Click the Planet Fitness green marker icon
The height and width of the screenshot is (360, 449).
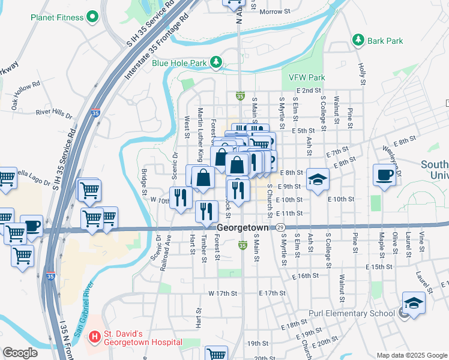tap(92, 17)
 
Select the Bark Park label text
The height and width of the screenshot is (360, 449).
tap(385, 40)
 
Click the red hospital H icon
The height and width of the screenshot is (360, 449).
tap(94, 338)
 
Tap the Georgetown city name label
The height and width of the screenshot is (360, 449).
tap(243, 228)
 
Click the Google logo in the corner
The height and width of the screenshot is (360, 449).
tap(19, 353)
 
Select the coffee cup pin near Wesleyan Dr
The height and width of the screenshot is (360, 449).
tap(384, 175)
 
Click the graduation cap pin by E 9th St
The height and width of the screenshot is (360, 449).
tap(318, 178)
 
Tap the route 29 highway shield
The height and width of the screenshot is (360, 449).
tap(280, 228)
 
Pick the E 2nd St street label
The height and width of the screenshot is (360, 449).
tap(309, 90)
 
